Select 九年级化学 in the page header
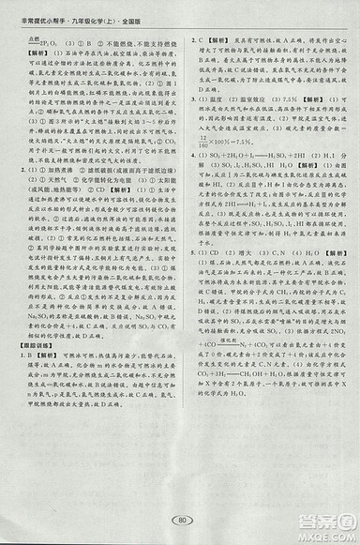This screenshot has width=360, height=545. (93, 9)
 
